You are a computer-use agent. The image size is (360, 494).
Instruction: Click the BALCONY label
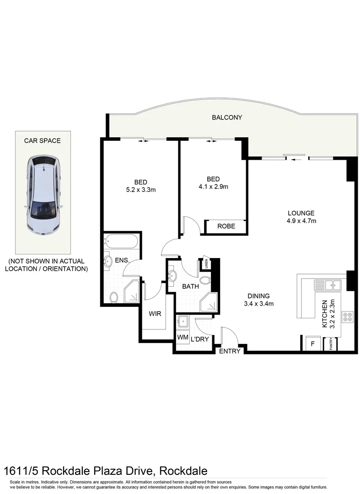[227, 118]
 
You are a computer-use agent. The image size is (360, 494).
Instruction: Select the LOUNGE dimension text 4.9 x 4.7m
[301, 221]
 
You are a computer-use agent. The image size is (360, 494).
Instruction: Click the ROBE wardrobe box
[226, 226]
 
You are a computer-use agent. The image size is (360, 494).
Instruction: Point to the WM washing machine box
[182, 337]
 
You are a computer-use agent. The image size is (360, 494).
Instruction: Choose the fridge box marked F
[313, 343]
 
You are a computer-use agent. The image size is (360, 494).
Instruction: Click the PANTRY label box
[330, 344]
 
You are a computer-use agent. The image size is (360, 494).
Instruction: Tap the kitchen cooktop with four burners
[348, 317]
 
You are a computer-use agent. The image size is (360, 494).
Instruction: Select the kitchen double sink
[328, 285]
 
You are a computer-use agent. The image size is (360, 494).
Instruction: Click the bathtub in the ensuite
[121, 241]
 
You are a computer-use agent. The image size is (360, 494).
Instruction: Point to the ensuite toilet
[113, 297]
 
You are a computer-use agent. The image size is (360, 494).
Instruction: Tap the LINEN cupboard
[206, 264]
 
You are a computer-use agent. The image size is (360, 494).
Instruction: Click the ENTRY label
[230, 351]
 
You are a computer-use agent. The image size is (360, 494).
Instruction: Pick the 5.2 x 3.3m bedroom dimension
[141, 190]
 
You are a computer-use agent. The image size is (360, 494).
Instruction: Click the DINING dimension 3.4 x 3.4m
[258, 303]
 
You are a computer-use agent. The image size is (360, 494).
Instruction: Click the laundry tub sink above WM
[184, 322]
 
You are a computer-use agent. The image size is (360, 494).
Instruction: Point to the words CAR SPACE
[42, 140]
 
